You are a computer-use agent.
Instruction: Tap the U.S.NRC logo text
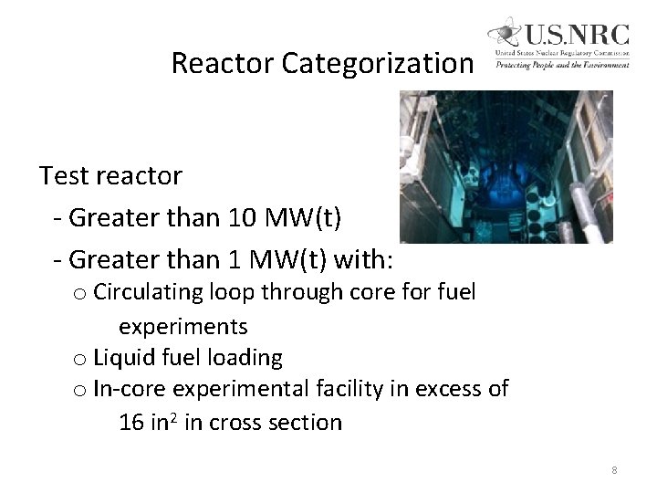[574, 35]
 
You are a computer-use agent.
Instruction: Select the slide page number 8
[614, 470]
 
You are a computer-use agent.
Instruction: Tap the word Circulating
[148, 293]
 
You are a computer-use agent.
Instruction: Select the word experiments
[183, 326]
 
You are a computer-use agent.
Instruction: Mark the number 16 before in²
[131, 423]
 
